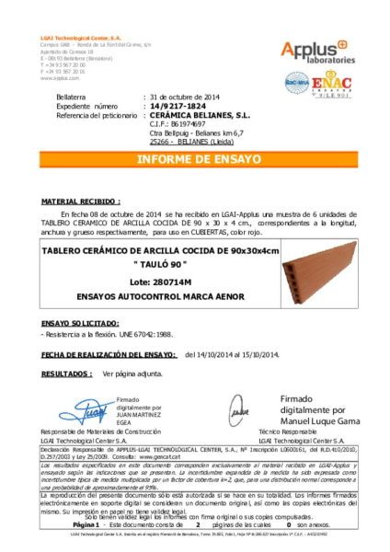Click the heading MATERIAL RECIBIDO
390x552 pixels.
click(81, 200)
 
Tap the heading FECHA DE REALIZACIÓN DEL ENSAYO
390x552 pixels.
click(108, 353)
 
